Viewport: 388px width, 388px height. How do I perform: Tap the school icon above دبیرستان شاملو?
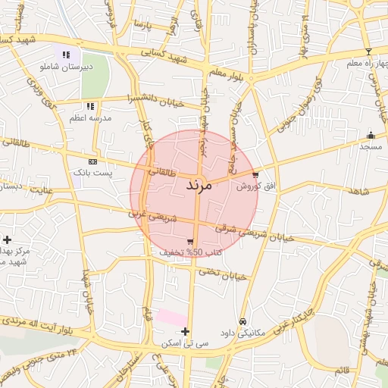[66, 55]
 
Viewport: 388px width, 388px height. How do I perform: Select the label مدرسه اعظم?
[90, 118]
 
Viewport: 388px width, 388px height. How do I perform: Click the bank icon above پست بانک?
[92, 161]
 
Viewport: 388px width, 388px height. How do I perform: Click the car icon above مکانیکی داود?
[242, 321]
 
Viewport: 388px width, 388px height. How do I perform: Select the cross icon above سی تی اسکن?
[185, 331]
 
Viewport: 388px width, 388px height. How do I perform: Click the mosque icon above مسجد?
[371, 133]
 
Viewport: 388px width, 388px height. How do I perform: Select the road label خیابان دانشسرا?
[155, 99]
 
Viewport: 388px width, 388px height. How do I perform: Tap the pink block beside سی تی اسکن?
[171, 318]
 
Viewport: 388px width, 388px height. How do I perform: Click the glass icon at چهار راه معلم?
[369, 52]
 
